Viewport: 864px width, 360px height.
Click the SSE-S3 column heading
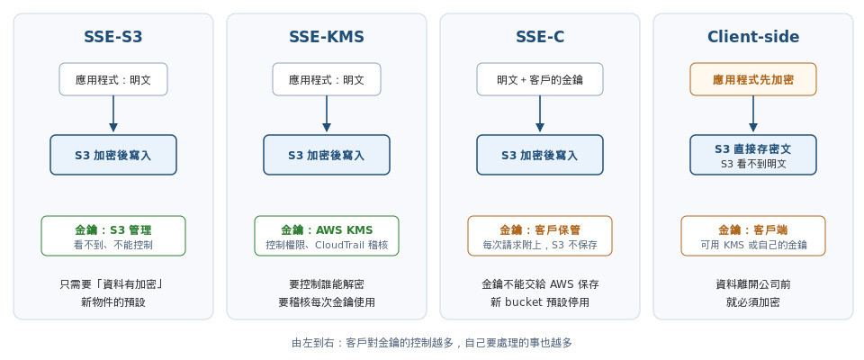click(113, 37)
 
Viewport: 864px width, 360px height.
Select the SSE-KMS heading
click(326, 37)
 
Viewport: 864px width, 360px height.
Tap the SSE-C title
click(539, 37)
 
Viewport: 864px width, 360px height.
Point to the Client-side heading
click(753, 37)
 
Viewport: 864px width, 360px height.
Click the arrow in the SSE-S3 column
click(113, 113)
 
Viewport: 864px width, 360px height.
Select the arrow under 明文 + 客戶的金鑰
click(539, 113)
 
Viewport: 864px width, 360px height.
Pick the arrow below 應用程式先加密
click(753, 113)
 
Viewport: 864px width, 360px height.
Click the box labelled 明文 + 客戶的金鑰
click(539, 79)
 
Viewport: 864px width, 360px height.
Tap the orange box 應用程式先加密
click(753, 79)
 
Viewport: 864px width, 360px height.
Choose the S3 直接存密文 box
click(753, 155)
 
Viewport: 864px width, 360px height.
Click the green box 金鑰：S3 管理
click(113, 236)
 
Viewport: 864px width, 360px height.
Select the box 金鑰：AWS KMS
click(326, 236)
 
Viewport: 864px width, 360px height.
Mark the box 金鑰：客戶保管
click(539, 236)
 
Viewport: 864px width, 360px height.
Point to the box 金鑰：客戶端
click(753, 236)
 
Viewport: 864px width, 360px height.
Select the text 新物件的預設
click(113, 302)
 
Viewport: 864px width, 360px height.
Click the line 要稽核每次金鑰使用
click(326, 302)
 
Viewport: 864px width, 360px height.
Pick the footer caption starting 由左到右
click(432, 343)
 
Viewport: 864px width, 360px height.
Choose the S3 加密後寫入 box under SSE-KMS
click(326, 155)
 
